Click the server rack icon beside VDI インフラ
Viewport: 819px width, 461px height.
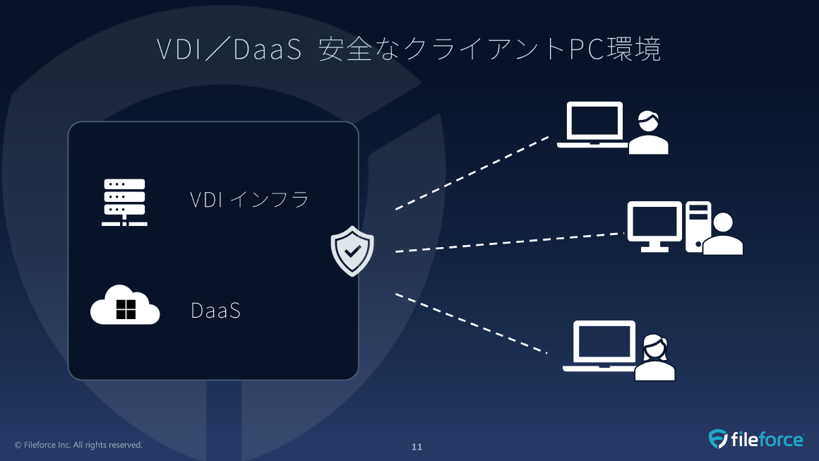pos(124,203)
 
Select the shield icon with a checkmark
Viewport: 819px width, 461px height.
pos(352,251)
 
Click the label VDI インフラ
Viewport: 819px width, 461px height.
pos(249,200)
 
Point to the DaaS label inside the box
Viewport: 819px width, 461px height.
pos(216,311)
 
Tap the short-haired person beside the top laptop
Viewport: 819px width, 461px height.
pos(648,133)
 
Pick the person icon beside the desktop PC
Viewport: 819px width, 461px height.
pos(723,234)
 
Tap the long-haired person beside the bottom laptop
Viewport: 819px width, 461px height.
pos(654,358)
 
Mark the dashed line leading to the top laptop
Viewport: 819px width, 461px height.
pos(472,172)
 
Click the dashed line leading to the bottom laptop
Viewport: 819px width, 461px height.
pos(471,323)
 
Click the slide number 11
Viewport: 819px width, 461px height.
pos(417,447)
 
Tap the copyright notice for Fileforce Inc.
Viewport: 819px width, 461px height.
pos(78,445)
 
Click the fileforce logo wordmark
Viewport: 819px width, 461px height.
pos(767,440)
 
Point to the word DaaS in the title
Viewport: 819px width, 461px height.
pos(267,50)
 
